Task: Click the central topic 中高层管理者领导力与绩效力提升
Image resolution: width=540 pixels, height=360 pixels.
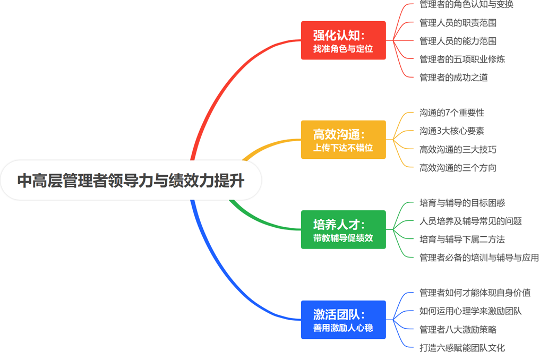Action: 131,180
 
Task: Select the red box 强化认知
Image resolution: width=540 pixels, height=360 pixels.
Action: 344,40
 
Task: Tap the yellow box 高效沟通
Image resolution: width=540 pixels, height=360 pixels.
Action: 344,140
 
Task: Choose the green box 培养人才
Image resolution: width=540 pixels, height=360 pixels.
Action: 344,229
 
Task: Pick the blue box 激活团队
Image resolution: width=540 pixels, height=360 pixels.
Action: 344,320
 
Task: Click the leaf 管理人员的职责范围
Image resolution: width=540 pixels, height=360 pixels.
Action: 458,23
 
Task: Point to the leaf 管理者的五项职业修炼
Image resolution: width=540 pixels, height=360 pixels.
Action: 462,59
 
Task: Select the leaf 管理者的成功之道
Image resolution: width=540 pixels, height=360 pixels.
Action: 453,78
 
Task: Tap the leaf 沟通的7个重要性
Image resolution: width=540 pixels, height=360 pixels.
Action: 451,113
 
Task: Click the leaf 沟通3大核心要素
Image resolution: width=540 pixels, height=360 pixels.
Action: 451,131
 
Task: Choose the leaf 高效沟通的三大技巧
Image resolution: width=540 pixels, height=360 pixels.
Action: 458,150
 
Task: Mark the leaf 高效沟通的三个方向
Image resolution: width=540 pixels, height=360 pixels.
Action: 458,168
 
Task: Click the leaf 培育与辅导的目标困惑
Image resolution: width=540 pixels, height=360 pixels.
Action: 462,203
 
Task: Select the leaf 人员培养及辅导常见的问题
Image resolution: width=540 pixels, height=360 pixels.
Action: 470,221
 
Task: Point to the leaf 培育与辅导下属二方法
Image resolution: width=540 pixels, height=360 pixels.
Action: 462,239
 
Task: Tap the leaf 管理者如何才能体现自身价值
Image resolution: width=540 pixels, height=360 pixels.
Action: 475,293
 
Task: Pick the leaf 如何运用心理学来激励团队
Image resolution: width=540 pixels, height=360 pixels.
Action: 470,311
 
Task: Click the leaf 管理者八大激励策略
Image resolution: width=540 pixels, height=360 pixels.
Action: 458,330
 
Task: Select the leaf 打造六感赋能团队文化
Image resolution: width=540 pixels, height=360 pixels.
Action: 462,348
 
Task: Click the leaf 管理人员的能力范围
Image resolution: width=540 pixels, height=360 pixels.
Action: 458,41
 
